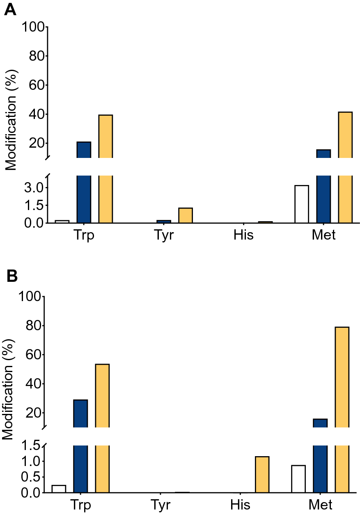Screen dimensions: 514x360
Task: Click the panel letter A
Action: pos(10,9)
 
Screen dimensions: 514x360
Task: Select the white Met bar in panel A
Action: pos(302,204)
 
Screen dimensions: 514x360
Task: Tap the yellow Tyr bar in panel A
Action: pos(185,215)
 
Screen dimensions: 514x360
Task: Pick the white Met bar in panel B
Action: pos(298,479)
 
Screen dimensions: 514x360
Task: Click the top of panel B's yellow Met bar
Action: pos(342,328)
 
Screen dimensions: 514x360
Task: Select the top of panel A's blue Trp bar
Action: pos(84,142)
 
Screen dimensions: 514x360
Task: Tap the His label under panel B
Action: pos(240,505)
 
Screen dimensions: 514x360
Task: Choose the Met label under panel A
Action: pos(323,235)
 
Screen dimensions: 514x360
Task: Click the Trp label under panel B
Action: pos(80,505)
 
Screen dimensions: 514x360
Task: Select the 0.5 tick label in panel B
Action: pos(30,477)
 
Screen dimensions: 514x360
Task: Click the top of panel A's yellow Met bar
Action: pos(345,112)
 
